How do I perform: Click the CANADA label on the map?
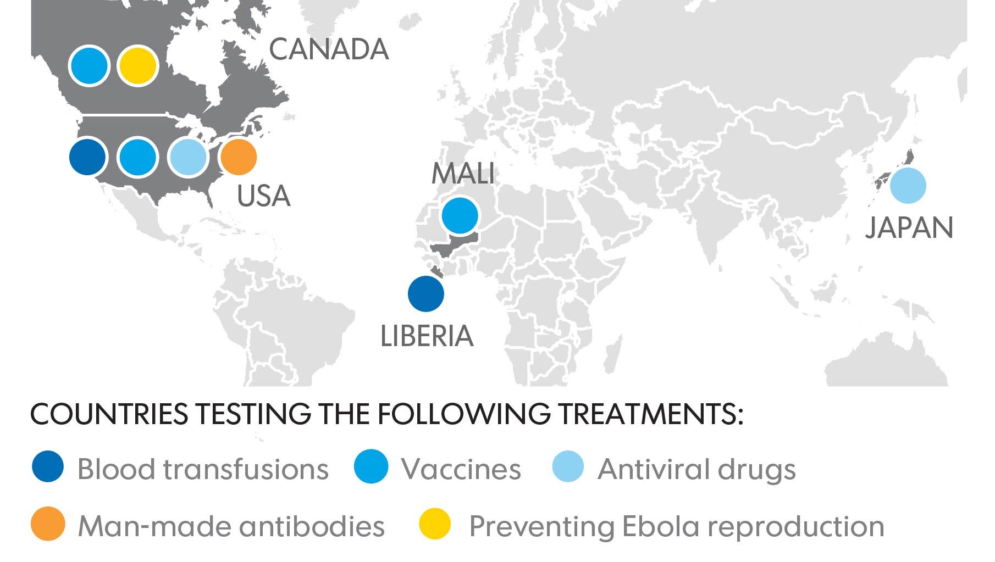pyautogui.click(x=329, y=49)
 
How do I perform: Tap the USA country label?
pyautogui.click(x=263, y=196)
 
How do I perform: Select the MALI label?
pyautogui.click(x=463, y=174)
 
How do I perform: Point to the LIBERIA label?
pyautogui.click(x=427, y=336)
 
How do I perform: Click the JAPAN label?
pyautogui.click(x=909, y=227)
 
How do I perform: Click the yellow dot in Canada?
pyautogui.click(x=137, y=65)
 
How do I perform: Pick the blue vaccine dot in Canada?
pyautogui.click(x=89, y=65)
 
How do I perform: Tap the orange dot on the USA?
pyautogui.click(x=238, y=157)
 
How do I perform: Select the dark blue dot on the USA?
pyautogui.click(x=88, y=157)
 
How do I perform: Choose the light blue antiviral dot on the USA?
pyautogui.click(x=188, y=157)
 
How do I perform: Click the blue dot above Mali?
pyautogui.click(x=460, y=216)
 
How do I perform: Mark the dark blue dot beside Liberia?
pyautogui.click(x=426, y=294)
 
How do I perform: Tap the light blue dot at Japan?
pyautogui.click(x=908, y=186)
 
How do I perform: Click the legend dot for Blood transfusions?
pyautogui.click(x=48, y=467)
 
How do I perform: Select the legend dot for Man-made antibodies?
pyautogui.click(x=48, y=524)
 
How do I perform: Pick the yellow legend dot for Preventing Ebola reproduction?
pyautogui.click(x=435, y=524)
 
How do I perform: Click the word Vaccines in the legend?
pyautogui.click(x=461, y=469)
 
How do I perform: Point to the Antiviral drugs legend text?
pyautogui.click(x=696, y=469)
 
